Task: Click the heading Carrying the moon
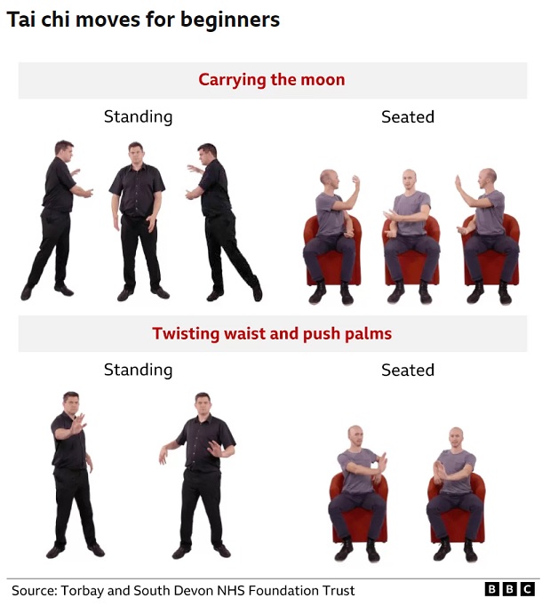[271, 79]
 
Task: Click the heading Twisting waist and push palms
[272, 333]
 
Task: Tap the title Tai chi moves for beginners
[143, 20]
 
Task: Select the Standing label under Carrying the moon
[138, 116]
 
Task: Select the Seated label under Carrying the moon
[408, 116]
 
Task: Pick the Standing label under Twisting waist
[138, 370]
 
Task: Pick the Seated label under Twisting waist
[408, 370]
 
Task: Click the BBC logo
[509, 589]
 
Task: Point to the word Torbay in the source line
[83, 591]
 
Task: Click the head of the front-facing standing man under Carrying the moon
[136, 154]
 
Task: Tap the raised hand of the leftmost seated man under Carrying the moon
[355, 182]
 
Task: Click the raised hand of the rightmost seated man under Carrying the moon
[458, 182]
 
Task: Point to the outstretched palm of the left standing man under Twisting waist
[78, 424]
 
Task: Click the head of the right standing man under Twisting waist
[203, 404]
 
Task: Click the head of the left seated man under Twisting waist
[355, 437]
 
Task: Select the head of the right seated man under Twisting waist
[456, 439]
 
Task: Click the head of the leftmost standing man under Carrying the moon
[64, 152]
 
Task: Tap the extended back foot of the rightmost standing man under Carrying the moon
[258, 291]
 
